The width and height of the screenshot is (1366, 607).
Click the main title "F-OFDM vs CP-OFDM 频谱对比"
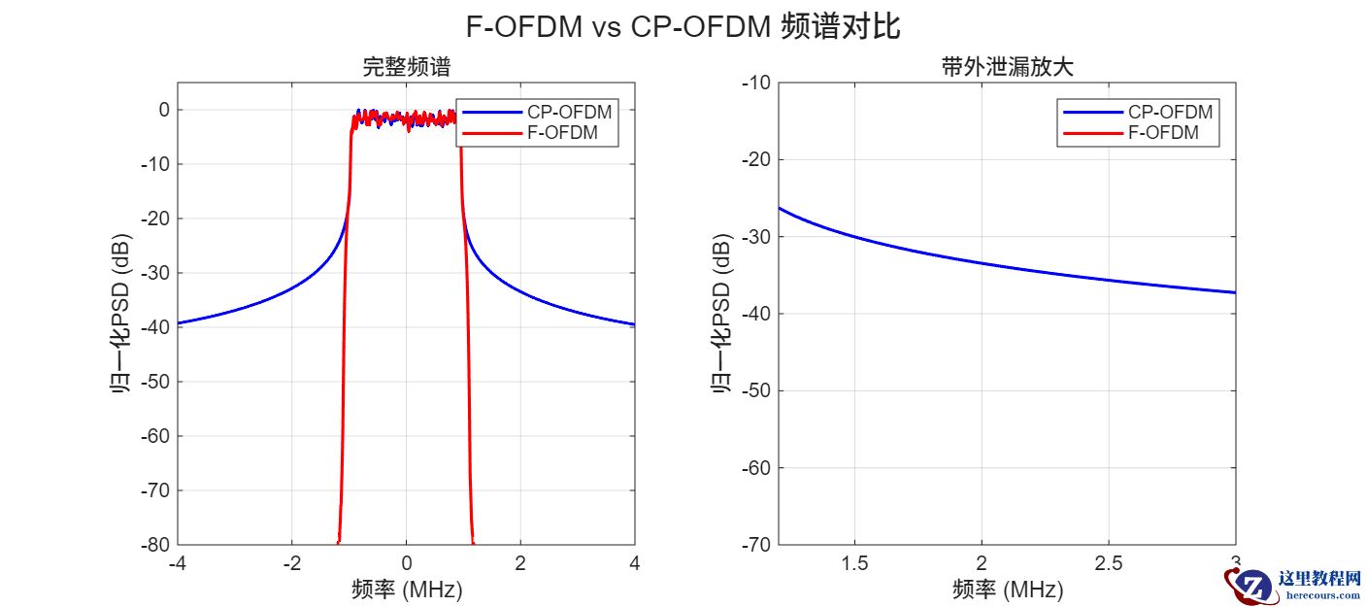tap(683, 26)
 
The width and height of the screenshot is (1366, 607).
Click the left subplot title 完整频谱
tap(406, 68)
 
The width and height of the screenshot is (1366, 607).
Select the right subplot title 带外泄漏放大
tap(1007, 68)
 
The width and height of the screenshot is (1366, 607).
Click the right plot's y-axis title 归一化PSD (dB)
tap(721, 314)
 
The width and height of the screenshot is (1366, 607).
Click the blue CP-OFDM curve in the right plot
tap(981, 263)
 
